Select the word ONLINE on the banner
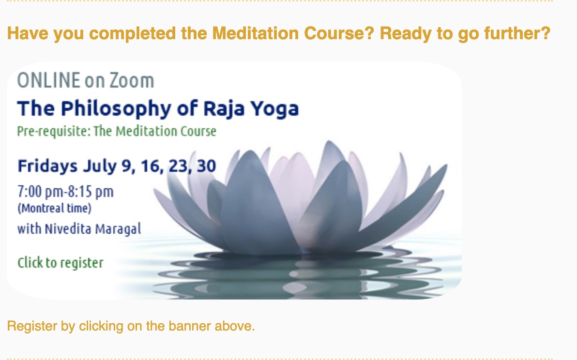click(x=48, y=80)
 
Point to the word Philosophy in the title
click(x=116, y=109)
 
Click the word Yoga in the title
click(x=274, y=109)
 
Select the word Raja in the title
click(x=224, y=109)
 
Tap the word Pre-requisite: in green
click(x=54, y=131)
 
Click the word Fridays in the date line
click(x=47, y=166)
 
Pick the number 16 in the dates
click(x=152, y=166)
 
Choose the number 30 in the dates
click(x=206, y=166)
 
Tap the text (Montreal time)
click(x=55, y=208)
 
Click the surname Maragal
click(x=118, y=229)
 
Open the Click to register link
click(x=61, y=263)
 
